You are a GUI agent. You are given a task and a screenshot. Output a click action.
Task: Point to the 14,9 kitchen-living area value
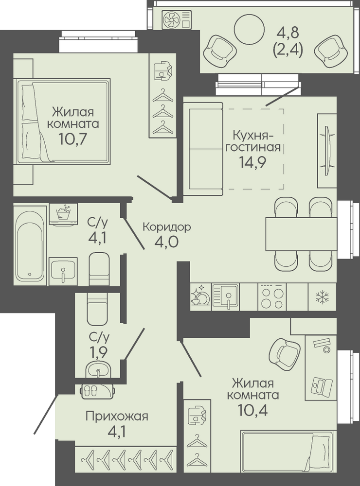[252, 162]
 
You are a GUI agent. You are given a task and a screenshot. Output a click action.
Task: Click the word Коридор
[167, 227]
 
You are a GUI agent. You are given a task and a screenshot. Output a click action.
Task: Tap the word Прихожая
[117, 417]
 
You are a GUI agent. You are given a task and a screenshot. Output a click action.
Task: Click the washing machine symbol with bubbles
[64, 214]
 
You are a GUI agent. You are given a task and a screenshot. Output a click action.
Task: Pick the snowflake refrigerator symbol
[322, 297]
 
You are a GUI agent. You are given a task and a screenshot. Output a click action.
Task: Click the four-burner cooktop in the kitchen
[272, 297]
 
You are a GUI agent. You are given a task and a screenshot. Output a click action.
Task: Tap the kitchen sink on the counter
[226, 297]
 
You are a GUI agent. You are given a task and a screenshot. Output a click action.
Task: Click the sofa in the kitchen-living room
[203, 149]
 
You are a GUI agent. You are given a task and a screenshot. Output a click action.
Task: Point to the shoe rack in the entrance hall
[98, 392]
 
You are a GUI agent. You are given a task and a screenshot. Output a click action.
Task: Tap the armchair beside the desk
[284, 353]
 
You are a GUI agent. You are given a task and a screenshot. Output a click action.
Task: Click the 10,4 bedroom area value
[253, 411]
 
